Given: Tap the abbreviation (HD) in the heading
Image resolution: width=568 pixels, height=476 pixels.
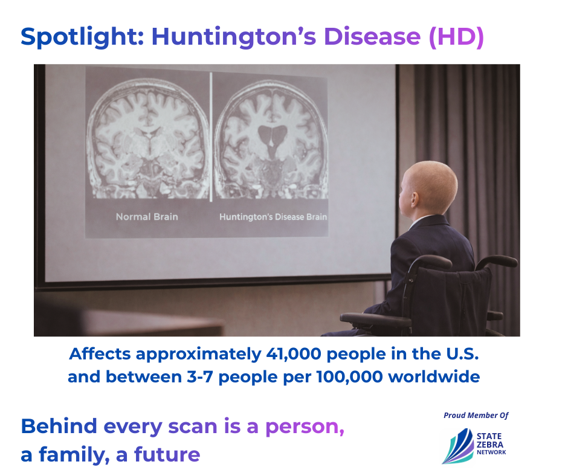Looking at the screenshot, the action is (456, 37).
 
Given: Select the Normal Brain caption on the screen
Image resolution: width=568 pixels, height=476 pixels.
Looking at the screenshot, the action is (147, 217).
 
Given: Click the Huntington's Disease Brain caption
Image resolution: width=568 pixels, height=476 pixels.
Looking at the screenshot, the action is (273, 217).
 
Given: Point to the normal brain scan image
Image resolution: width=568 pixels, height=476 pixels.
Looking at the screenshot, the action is (149, 140).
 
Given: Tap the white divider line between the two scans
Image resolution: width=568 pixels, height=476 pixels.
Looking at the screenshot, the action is (211, 137).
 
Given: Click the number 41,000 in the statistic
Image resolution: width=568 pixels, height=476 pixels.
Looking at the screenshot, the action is (294, 354).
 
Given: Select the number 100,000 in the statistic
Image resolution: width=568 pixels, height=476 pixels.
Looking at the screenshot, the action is (350, 377).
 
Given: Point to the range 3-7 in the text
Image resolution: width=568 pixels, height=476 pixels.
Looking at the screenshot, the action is (199, 377).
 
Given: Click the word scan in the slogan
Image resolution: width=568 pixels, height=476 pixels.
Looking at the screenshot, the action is (193, 426).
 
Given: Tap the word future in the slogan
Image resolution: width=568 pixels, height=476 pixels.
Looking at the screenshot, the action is (167, 454).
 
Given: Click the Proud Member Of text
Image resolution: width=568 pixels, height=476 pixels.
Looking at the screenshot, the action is (476, 415).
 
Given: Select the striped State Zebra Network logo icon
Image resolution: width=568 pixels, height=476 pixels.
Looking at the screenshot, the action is (458, 446).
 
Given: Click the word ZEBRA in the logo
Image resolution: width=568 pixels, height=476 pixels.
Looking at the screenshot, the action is (490, 445).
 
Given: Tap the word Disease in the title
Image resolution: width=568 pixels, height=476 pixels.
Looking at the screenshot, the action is (372, 37).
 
